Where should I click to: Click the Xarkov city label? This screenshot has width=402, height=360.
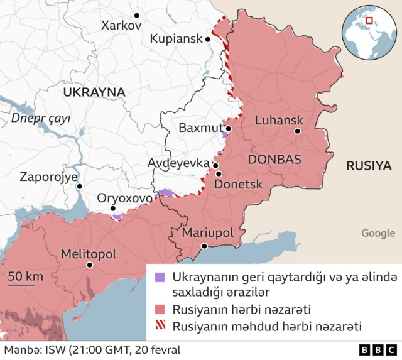(121, 26)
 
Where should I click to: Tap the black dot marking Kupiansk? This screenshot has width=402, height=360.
(208, 39)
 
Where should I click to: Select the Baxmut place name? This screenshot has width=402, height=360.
(200, 128)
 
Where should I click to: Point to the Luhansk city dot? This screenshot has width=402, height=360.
(298, 131)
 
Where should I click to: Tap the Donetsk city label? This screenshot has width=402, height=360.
(239, 185)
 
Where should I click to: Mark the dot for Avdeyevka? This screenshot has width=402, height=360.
(216, 166)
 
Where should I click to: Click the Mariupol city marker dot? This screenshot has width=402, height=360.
(204, 247)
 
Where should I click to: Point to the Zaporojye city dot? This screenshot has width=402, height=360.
(80, 186)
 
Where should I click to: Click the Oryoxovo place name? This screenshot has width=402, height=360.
(124, 198)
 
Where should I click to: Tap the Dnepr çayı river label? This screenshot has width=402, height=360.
(40, 118)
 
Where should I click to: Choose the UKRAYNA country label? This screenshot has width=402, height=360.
(94, 92)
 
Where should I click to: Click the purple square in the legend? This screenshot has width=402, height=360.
(160, 276)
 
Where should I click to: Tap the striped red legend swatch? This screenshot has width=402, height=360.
(160, 326)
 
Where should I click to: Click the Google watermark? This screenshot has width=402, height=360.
(378, 233)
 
